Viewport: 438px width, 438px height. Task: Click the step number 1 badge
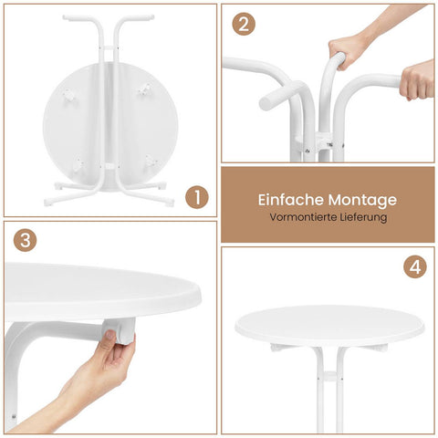197,197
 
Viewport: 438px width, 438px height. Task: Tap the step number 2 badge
244,24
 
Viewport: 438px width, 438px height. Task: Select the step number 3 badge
26,240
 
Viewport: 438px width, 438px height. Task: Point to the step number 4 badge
415,266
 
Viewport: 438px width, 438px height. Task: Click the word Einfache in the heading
291,200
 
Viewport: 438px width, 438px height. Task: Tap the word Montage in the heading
362,201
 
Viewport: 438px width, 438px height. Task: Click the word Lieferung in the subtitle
363,218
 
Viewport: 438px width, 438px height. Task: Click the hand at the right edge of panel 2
417,79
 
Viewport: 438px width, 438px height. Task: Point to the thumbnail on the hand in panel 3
110,335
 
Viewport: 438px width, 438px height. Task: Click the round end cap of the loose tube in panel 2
266,103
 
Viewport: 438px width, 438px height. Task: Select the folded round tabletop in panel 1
110,126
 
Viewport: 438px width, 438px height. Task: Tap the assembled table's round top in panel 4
329,326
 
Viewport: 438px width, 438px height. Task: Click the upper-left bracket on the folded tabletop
69,95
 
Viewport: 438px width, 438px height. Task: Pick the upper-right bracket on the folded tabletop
145,90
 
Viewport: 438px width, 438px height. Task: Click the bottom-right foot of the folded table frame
170,202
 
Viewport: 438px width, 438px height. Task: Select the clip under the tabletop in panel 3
120,331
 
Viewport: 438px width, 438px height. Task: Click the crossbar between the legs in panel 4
329,377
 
